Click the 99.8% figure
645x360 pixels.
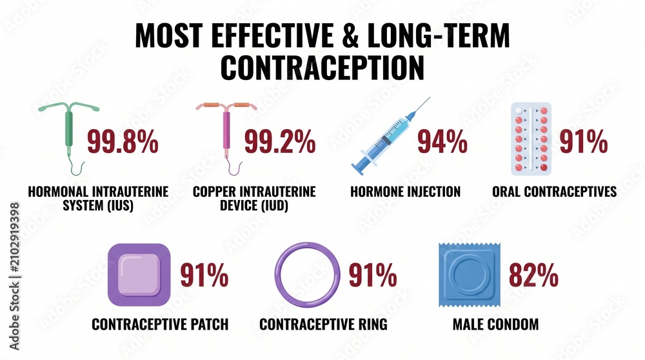[x=123, y=141]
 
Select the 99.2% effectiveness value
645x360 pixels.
[x=280, y=141]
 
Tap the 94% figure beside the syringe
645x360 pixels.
[x=442, y=141]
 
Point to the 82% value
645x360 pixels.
[x=533, y=275]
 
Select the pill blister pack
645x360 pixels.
[x=531, y=139]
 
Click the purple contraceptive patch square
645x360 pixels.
[x=139, y=275]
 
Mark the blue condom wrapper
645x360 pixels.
[x=470, y=275]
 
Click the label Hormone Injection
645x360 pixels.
[x=405, y=192]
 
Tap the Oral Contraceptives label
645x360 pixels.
[x=555, y=192]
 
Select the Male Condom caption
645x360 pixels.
[x=495, y=325]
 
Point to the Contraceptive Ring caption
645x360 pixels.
[x=323, y=325]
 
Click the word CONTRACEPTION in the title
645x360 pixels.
[x=322, y=67]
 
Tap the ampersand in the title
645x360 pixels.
[x=350, y=35]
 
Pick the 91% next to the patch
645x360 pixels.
[x=204, y=275]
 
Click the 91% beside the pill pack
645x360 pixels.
[x=584, y=141]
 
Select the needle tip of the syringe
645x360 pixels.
[x=430, y=97]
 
